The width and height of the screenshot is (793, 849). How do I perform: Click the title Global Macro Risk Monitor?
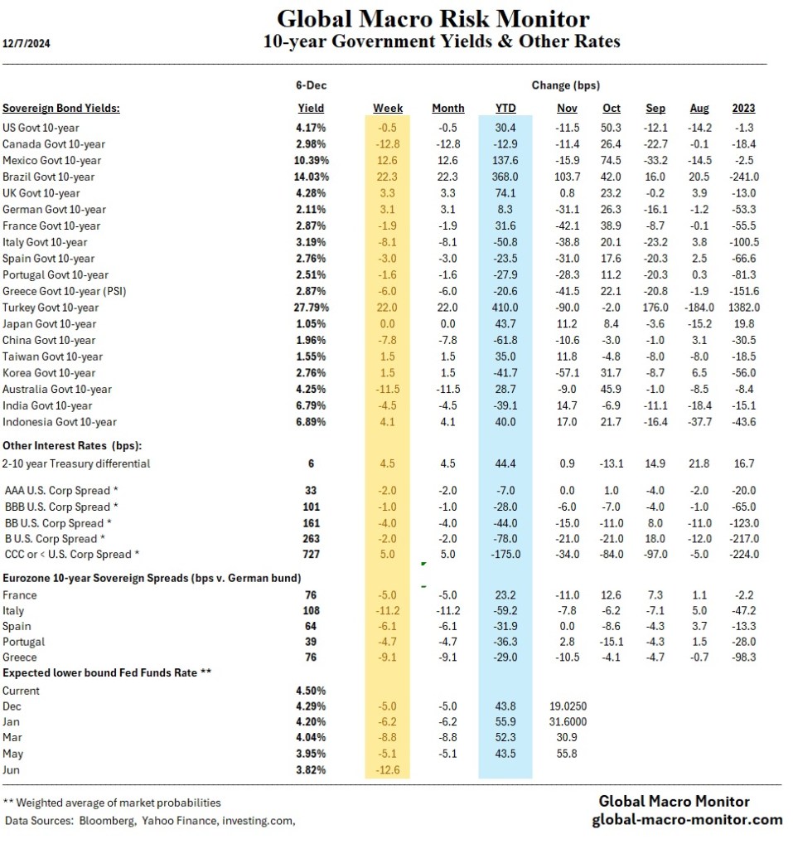tap(433, 18)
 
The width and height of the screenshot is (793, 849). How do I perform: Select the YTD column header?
tap(505, 108)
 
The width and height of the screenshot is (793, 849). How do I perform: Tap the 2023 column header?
tap(743, 108)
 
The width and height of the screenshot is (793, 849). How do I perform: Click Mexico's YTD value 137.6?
tap(504, 160)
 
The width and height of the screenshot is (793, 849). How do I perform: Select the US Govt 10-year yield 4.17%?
tap(311, 128)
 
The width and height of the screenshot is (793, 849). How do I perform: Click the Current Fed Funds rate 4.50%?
tap(311, 690)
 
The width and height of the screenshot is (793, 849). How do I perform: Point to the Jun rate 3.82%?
tap(311, 769)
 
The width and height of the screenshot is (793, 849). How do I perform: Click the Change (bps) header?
tap(565, 85)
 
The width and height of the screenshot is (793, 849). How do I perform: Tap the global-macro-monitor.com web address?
tap(687, 819)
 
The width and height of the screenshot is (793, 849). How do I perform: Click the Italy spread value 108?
tap(311, 610)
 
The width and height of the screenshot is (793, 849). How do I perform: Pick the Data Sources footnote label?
tap(40, 820)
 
